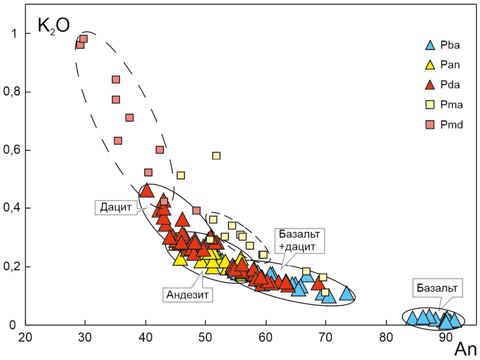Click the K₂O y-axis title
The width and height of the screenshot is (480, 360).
(51, 26)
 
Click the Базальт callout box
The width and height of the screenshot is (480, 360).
(439, 289)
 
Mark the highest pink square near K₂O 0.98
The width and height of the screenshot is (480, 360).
(83, 39)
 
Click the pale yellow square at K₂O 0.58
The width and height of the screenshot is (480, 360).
(216, 156)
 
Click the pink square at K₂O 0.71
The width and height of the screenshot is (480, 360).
(129, 118)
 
